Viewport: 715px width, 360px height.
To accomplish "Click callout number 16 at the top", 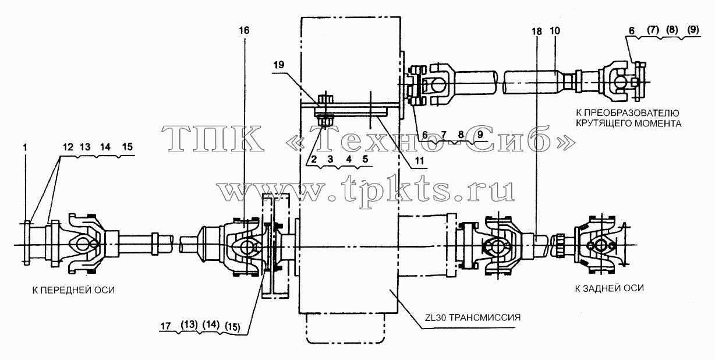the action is pyautogui.click(x=244, y=31).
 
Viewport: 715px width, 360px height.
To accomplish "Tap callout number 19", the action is pyautogui.click(x=278, y=65).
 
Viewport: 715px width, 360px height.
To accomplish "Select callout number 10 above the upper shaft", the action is pyautogui.click(x=555, y=31).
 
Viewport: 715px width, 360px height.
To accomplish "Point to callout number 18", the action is pyautogui.click(x=537, y=31).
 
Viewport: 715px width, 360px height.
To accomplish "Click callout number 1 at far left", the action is pyautogui.click(x=25, y=147).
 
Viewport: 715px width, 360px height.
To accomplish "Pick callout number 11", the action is pyautogui.click(x=419, y=161).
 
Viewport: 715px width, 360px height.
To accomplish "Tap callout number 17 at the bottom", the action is pyautogui.click(x=166, y=326).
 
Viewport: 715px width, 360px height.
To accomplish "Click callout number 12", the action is pyautogui.click(x=68, y=147).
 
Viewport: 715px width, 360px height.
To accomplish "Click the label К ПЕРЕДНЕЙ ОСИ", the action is pyautogui.click(x=73, y=290).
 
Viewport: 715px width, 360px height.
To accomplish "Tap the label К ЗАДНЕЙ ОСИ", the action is pyautogui.click(x=610, y=288).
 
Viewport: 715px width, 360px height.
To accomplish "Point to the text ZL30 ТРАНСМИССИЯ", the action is pyautogui.click(x=473, y=318).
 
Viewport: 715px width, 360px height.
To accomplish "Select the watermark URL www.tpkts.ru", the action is pyautogui.click(x=366, y=191).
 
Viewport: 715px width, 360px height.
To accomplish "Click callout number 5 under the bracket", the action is pyautogui.click(x=365, y=159).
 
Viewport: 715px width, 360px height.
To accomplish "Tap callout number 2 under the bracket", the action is pyautogui.click(x=314, y=159).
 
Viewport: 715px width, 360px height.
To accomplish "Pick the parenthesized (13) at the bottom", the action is pyautogui.click(x=189, y=325).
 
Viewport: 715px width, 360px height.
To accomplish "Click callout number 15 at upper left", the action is pyautogui.click(x=128, y=147).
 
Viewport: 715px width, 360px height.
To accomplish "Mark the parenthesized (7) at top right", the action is pyautogui.click(x=653, y=30).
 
